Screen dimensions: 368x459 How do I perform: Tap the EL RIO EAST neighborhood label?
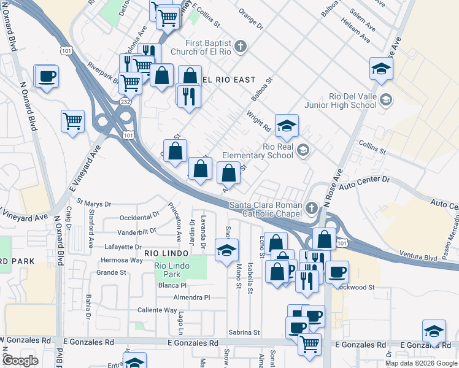228,80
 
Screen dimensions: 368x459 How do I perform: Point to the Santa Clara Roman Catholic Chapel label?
266,209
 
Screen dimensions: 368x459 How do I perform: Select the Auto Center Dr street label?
364,182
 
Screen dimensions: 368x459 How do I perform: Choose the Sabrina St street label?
244,332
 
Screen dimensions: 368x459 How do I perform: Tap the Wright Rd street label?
258,121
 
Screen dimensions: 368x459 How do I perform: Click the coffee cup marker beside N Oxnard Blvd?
47,77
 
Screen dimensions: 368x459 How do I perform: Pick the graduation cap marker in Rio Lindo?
226,250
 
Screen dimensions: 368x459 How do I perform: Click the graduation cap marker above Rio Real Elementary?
287,126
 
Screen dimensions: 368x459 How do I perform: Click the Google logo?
20,361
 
